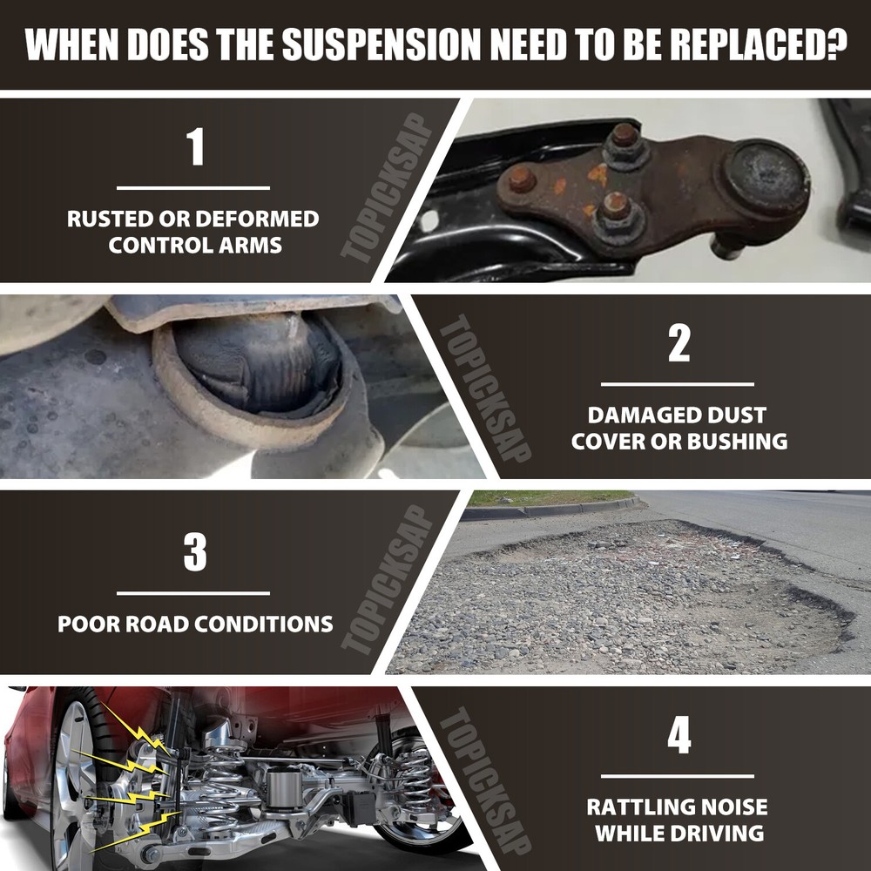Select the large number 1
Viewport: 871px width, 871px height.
coord(195,146)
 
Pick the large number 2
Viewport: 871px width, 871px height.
coord(679,342)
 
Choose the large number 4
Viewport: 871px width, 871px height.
coord(679,735)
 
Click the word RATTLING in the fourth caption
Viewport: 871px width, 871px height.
coord(638,807)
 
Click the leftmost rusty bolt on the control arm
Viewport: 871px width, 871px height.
coord(522,179)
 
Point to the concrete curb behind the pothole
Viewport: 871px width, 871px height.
coord(553,509)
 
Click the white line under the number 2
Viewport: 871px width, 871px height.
coord(678,384)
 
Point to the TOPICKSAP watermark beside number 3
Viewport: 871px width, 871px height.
coord(388,579)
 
